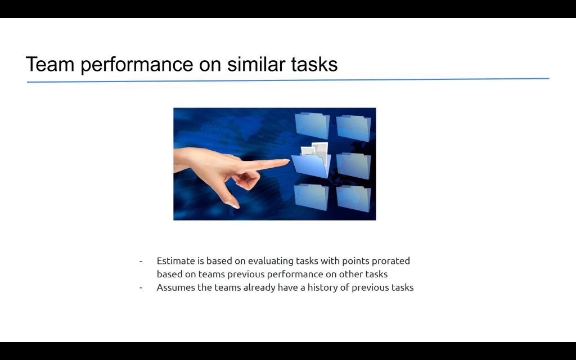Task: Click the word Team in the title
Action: (50, 64)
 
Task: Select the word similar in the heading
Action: (256, 64)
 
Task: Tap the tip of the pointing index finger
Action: (289, 160)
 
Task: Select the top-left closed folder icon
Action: (312, 125)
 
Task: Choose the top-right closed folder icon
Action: (354, 128)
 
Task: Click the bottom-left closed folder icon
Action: (312, 197)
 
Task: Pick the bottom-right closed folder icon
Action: (354, 199)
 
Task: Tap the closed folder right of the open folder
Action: (354, 166)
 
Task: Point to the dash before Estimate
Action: (141, 262)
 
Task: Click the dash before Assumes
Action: (141, 288)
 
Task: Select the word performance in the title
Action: (137, 65)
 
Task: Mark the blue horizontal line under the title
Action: (288, 80)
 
